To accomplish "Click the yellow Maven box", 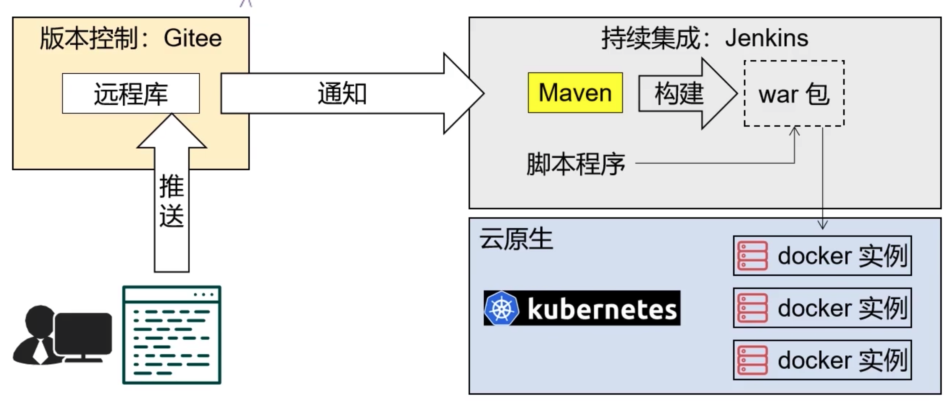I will tap(575, 93).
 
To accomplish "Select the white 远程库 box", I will tap(131, 93).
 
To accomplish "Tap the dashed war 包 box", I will tap(794, 93).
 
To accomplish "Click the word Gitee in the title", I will tap(193, 39).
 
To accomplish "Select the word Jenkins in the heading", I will tap(766, 38).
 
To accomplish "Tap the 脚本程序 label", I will tap(576, 164).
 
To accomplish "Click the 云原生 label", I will tap(516, 239).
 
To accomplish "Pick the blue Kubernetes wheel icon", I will tap(501, 308).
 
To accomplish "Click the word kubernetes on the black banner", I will tap(602, 309).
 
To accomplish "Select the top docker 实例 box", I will tap(822, 256).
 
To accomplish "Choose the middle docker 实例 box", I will tap(822, 308).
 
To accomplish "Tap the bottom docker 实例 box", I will tap(822, 360).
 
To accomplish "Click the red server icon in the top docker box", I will tap(752, 256).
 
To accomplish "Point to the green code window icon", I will tap(172, 335).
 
